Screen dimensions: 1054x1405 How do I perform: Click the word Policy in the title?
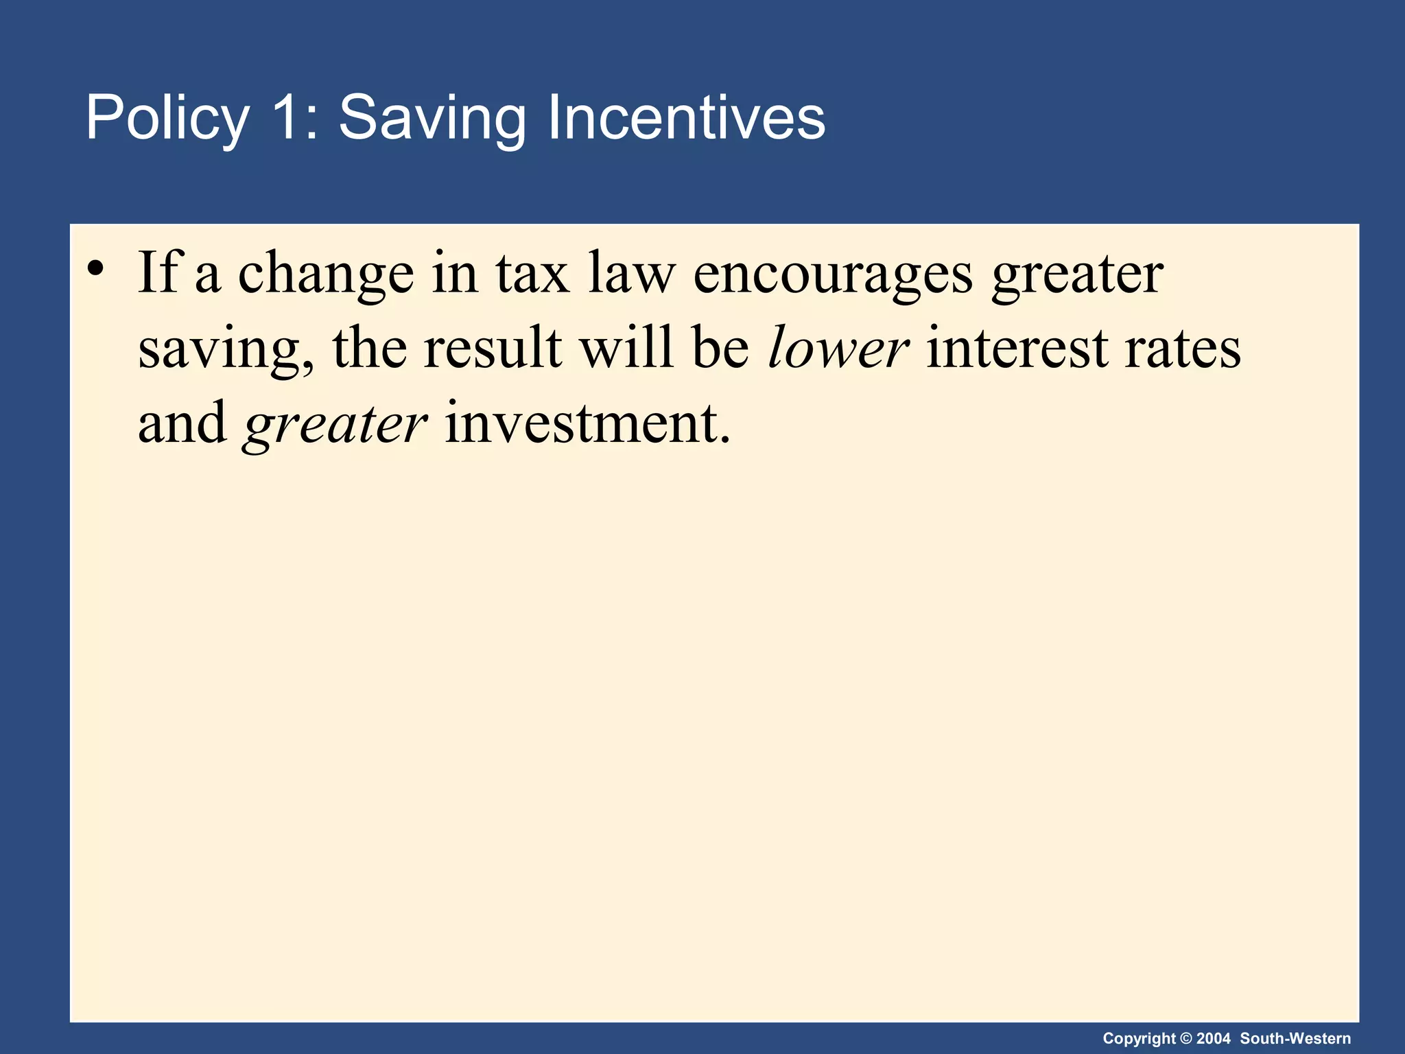[x=167, y=118]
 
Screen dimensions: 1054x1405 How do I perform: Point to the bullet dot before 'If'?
[x=95, y=268]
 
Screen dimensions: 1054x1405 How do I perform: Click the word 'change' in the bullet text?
[x=326, y=274]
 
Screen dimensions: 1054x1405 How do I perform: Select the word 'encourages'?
[x=833, y=274]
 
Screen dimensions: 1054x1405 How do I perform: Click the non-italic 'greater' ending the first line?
[x=1077, y=274]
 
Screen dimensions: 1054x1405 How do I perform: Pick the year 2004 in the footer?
[x=1214, y=1038]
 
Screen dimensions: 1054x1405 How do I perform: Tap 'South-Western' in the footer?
[x=1295, y=1038]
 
